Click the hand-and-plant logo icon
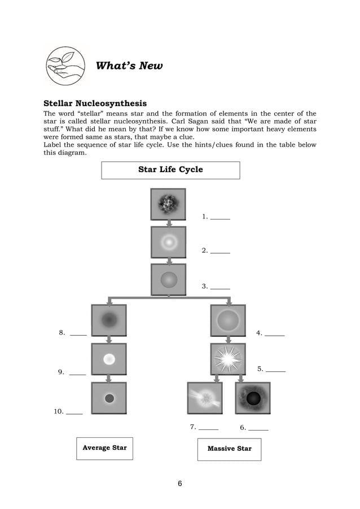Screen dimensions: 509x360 tap(65, 65)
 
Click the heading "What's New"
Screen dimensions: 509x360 tap(129, 66)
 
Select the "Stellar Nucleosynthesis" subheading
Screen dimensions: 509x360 tap(95, 103)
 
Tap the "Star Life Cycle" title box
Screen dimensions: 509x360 tap(170, 170)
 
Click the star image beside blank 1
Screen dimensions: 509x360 tap(168, 204)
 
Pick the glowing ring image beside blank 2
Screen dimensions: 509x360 tap(168, 242)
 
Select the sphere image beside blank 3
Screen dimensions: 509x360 tap(168, 279)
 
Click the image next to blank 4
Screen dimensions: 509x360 tap(228, 321)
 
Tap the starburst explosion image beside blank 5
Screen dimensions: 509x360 tap(228, 359)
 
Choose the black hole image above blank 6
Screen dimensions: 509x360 tap(253, 398)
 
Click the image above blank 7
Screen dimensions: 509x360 tap(204, 398)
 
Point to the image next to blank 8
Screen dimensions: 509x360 tap(109, 321)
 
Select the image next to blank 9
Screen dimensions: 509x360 tap(109, 359)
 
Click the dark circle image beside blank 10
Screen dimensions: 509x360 tap(109, 398)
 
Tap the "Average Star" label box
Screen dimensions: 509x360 tap(104, 448)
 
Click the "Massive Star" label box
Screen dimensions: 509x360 tap(229, 449)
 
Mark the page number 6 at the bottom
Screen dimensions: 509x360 tap(180, 484)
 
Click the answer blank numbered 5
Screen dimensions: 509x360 tap(275, 370)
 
